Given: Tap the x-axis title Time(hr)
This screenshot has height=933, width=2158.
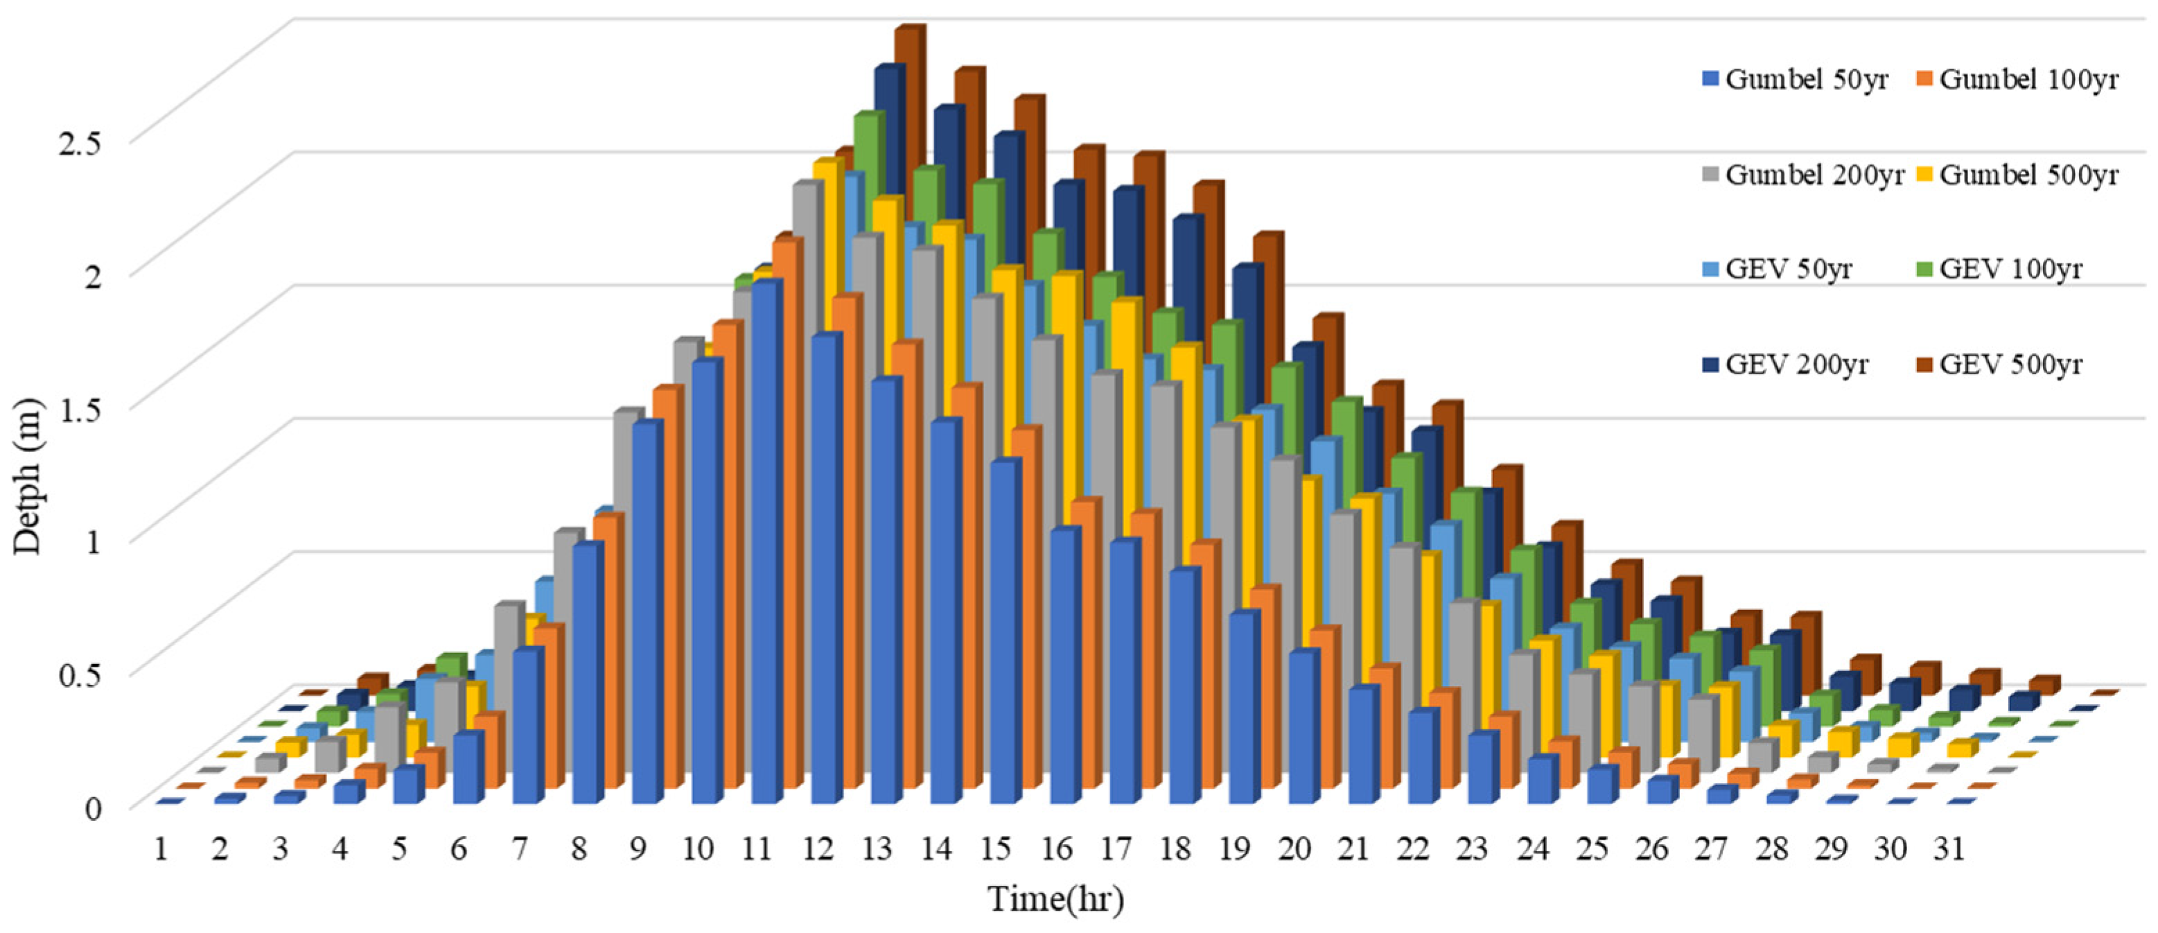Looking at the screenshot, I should click(x=1055, y=898).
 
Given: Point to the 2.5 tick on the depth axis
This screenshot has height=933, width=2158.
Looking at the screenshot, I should click(x=79, y=143).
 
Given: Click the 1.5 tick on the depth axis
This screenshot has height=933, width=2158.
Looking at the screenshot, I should click(x=79, y=408).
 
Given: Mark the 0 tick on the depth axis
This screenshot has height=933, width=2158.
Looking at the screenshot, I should click(x=92, y=808).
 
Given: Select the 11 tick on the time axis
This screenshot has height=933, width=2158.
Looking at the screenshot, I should click(x=757, y=850).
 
